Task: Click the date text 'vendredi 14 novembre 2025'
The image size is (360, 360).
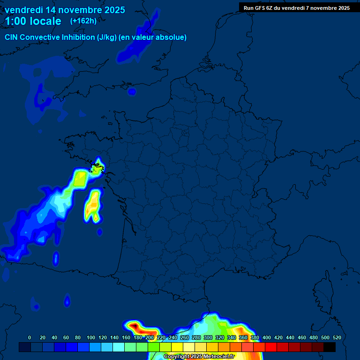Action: [65, 10]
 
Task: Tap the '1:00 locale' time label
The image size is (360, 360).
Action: [33, 21]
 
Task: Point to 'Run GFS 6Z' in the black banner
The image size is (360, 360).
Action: [258, 8]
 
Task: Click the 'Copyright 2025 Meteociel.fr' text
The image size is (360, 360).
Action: [199, 356]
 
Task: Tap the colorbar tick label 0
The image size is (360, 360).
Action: [30, 337]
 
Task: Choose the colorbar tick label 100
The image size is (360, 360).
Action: [90, 337]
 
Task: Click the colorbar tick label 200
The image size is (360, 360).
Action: [150, 337]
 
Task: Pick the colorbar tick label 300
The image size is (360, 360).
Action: [208, 337]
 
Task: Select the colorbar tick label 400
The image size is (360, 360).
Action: [267, 337]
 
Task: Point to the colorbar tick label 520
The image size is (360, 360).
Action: [337, 337]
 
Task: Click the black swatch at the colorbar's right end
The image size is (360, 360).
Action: [330, 347]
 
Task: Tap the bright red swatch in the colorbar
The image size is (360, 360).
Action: [271, 347]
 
